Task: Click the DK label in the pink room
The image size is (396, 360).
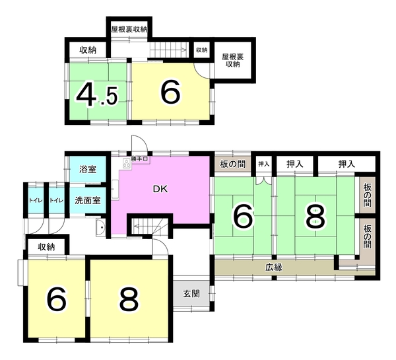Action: [x=160, y=189]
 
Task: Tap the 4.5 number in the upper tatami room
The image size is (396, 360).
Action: [x=97, y=93]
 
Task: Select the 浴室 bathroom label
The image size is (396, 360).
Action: [x=88, y=169]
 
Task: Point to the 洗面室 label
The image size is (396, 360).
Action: [x=88, y=200]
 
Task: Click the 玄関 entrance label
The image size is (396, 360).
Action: [x=191, y=293]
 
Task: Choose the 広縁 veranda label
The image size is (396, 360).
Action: [x=274, y=268]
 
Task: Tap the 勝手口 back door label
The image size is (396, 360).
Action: [x=139, y=159]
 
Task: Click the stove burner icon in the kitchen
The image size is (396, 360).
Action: [x=126, y=163]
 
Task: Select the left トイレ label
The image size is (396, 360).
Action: [x=36, y=201]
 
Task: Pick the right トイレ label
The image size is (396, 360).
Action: [x=56, y=201]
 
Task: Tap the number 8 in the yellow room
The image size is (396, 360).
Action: [x=129, y=300]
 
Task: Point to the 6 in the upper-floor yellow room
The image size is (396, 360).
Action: [x=171, y=93]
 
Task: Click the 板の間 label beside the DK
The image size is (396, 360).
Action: [x=232, y=164]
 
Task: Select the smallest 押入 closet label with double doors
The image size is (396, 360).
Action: [x=263, y=164]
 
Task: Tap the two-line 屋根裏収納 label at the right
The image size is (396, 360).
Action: [x=233, y=60]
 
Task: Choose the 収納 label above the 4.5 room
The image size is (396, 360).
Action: [x=88, y=50]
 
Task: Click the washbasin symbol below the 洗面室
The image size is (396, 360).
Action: [x=101, y=227]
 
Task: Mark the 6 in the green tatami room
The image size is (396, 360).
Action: [x=243, y=215]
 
